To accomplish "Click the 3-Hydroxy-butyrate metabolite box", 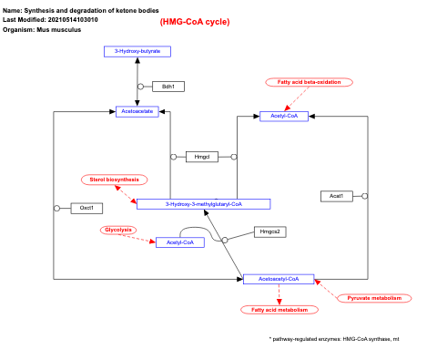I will [x=137, y=51].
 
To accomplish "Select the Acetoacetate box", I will [x=137, y=111].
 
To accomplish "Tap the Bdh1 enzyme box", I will [x=168, y=87].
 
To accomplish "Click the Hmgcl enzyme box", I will [x=201, y=157].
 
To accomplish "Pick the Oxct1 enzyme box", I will [x=86, y=208].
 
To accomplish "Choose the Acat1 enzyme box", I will [x=336, y=196].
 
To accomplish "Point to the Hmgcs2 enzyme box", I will [x=270, y=231].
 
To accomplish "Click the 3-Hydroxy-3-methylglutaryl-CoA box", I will [x=204, y=204].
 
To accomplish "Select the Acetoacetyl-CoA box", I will [x=279, y=279].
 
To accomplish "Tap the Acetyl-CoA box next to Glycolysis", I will [x=179, y=242].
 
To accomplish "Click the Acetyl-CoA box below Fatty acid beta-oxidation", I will [x=285, y=116].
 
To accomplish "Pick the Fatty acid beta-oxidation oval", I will [x=310, y=82].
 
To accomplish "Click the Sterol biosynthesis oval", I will [x=114, y=180].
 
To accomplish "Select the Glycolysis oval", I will [x=117, y=230].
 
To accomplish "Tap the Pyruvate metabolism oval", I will [x=374, y=298].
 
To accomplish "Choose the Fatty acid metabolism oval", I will [x=280, y=310].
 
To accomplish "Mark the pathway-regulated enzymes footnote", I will [x=333, y=338].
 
